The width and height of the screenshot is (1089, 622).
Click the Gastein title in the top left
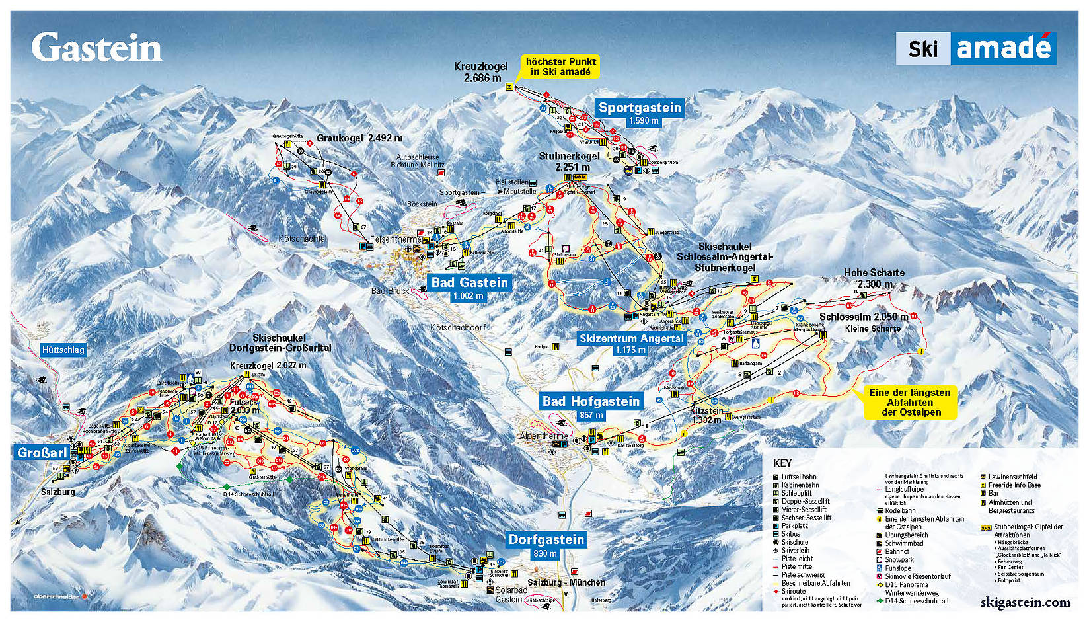96,48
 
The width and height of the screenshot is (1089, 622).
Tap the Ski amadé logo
975,48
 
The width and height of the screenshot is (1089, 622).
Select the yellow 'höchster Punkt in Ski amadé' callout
560,66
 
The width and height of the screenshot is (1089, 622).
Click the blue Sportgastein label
639,108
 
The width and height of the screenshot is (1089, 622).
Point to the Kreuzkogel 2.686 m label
480,72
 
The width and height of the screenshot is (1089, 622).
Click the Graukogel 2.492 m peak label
359,138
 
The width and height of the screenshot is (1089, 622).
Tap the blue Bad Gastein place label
469,282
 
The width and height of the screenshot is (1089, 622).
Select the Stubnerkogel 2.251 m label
570,161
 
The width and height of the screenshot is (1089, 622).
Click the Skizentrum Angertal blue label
631,338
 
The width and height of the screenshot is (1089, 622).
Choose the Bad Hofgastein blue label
591,401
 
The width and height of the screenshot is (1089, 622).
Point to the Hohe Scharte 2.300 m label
874,278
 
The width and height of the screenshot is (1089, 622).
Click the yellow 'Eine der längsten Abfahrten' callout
910,402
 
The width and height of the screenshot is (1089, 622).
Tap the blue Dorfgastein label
546,539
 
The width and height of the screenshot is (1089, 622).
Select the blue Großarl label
42,453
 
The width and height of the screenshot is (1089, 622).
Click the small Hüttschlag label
63,350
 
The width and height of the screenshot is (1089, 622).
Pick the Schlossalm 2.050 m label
863,317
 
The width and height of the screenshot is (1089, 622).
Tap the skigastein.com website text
1024,602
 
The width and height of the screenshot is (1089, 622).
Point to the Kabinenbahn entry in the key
800,485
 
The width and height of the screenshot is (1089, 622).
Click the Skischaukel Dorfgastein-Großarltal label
280,342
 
